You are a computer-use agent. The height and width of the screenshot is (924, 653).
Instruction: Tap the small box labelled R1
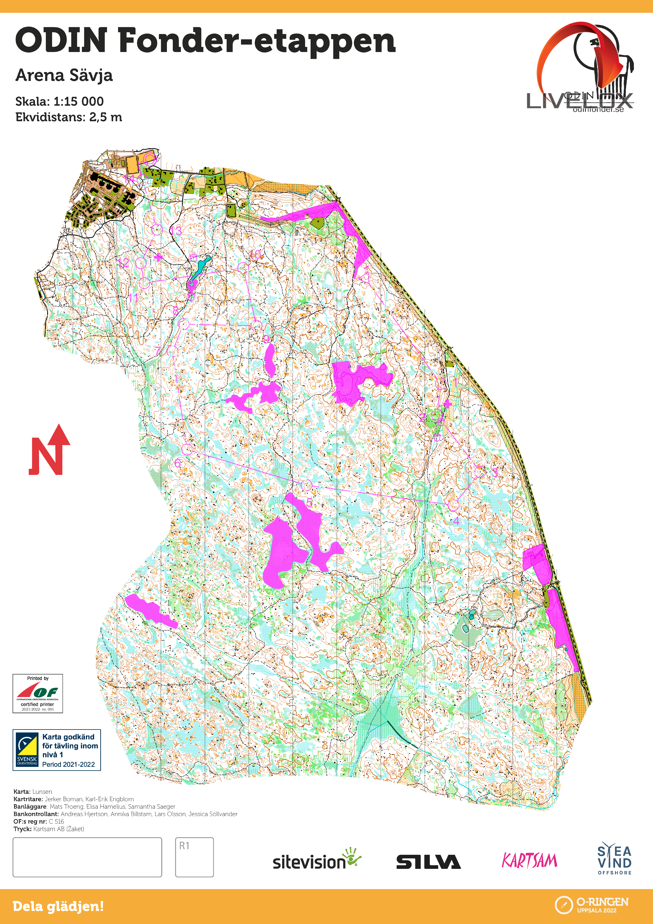point(194,857)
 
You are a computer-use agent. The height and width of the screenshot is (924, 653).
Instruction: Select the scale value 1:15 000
point(78,101)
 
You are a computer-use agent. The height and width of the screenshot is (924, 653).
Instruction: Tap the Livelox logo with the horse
point(585,68)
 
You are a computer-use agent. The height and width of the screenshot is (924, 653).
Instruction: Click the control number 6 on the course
point(177,464)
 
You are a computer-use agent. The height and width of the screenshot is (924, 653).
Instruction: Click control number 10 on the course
point(255,254)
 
